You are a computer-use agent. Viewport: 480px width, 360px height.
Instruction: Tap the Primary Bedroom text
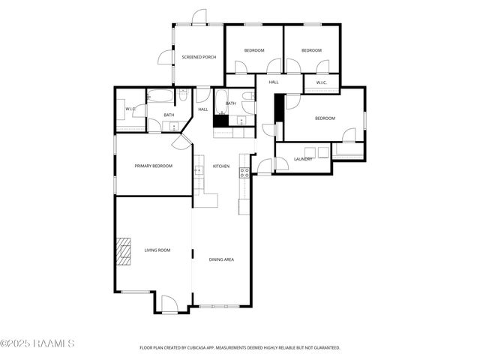tap(154, 166)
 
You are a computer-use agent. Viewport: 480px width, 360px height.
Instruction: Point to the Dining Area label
tap(221, 259)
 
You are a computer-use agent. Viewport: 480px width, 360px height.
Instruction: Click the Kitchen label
tap(221, 166)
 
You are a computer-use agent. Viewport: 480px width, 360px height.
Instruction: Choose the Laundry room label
tap(303, 159)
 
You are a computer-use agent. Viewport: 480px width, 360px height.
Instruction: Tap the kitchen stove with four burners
tap(244, 172)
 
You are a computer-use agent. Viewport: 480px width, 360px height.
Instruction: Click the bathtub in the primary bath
tap(160, 95)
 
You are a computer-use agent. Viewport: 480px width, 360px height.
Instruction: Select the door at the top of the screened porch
tap(199, 17)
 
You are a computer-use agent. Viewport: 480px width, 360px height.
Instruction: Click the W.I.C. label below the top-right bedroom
tap(321, 82)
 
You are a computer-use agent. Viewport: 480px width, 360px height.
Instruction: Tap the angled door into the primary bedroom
tap(181, 142)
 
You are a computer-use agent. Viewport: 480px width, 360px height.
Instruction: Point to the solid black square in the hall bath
tap(220, 119)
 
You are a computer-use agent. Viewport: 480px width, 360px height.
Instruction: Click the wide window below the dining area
tap(221, 306)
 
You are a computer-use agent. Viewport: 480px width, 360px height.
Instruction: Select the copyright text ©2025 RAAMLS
tap(37, 343)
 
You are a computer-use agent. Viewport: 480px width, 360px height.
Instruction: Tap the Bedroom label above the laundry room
tap(325, 118)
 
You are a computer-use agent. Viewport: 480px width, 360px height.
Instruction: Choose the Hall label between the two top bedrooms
tap(274, 82)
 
